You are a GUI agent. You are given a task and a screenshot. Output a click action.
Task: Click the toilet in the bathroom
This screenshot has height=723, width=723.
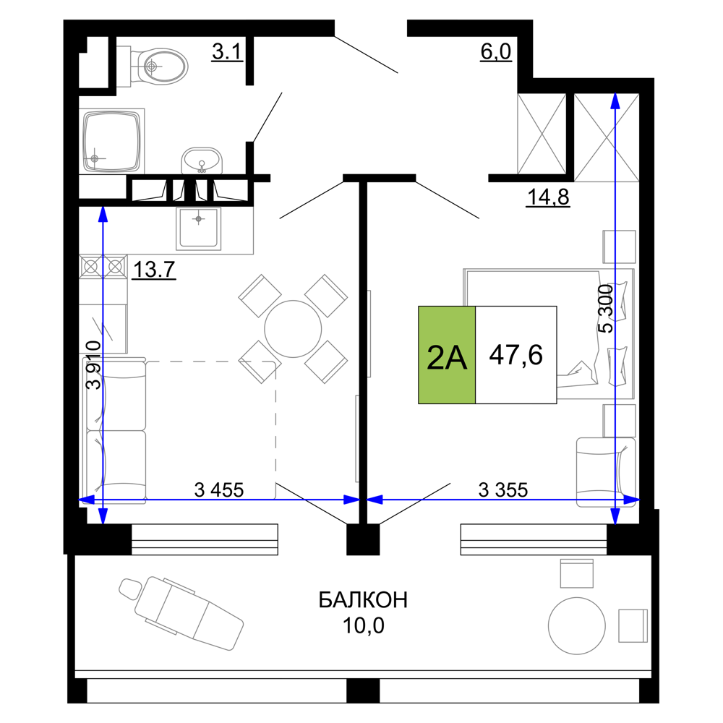[157, 67]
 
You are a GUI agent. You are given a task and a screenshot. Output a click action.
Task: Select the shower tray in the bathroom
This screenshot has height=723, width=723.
[111, 141]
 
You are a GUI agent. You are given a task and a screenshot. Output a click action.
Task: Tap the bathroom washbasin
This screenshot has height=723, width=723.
[202, 161]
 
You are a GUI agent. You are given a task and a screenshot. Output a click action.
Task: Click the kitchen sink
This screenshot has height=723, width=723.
[198, 228]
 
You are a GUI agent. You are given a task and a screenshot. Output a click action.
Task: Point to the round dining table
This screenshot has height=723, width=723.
[293, 329]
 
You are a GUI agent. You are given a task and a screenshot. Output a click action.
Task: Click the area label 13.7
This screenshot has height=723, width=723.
[154, 269]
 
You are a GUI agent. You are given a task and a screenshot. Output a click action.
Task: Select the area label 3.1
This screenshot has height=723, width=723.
[227, 51]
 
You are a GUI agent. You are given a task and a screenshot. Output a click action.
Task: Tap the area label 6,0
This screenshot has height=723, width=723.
[496, 51]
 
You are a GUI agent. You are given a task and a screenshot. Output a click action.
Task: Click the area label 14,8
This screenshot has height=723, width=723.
[548, 197]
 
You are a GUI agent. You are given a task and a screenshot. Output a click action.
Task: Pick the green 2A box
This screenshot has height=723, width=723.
[447, 355]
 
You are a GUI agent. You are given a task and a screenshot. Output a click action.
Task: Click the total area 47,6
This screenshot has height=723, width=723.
[516, 355]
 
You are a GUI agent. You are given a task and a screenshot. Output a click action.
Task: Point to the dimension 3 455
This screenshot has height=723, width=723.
[219, 489]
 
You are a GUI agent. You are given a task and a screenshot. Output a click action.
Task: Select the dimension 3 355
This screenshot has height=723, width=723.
[503, 489]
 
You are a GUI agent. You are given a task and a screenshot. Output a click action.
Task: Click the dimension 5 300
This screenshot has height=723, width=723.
[606, 309]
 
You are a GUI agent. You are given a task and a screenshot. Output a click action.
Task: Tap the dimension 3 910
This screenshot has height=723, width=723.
[94, 365]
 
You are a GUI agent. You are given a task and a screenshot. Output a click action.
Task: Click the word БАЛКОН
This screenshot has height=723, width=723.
[364, 600]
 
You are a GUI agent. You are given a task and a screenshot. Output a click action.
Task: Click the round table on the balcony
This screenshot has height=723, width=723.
[577, 626]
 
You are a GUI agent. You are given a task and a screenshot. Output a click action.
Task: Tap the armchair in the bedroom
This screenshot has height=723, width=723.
[606, 472]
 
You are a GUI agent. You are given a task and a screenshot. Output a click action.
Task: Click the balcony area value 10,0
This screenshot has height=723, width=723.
[364, 625]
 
